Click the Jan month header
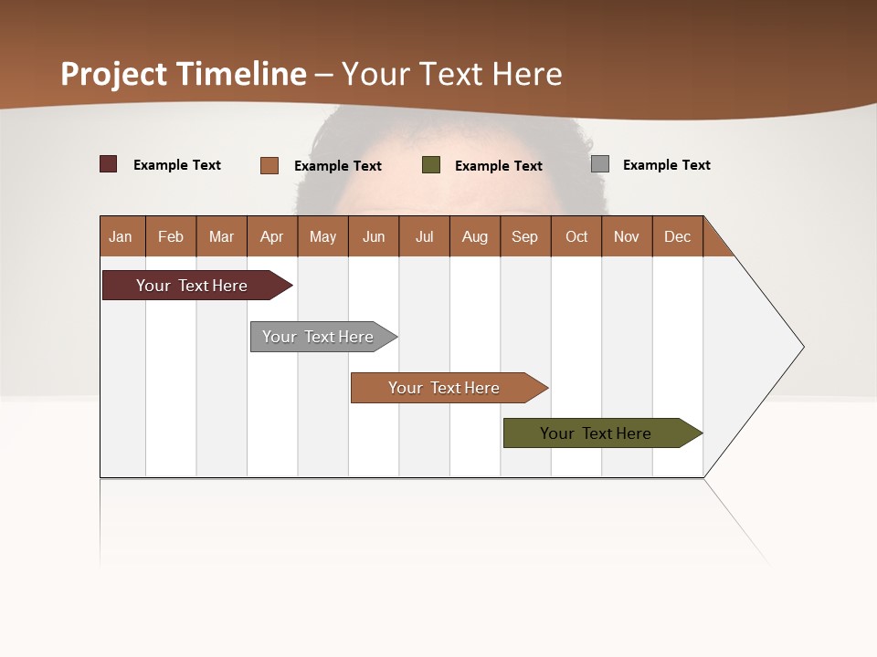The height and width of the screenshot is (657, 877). (x=122, y=236)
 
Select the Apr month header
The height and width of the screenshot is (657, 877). (x=272, y=236)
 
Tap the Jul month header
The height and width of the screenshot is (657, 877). (x=424, y=236)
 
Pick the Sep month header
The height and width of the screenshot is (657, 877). (x=525, y=236)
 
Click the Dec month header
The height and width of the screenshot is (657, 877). (x=677, y=236)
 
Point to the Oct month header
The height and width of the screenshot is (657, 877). (x=576, y=236)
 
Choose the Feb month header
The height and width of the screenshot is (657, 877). (x=171, y=236)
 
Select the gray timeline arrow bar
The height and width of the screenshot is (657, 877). (x=319, y=337)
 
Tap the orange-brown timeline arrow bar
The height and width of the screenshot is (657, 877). (x=445, y=388)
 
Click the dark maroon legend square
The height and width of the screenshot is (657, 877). (x=108, y=164)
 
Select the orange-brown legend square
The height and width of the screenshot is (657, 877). (x=269, y=165)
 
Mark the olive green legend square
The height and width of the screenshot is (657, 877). (x=431, y=165)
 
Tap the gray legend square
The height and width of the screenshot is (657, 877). (x=600, y=164)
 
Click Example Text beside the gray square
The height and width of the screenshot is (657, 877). (x=666, y=165)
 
